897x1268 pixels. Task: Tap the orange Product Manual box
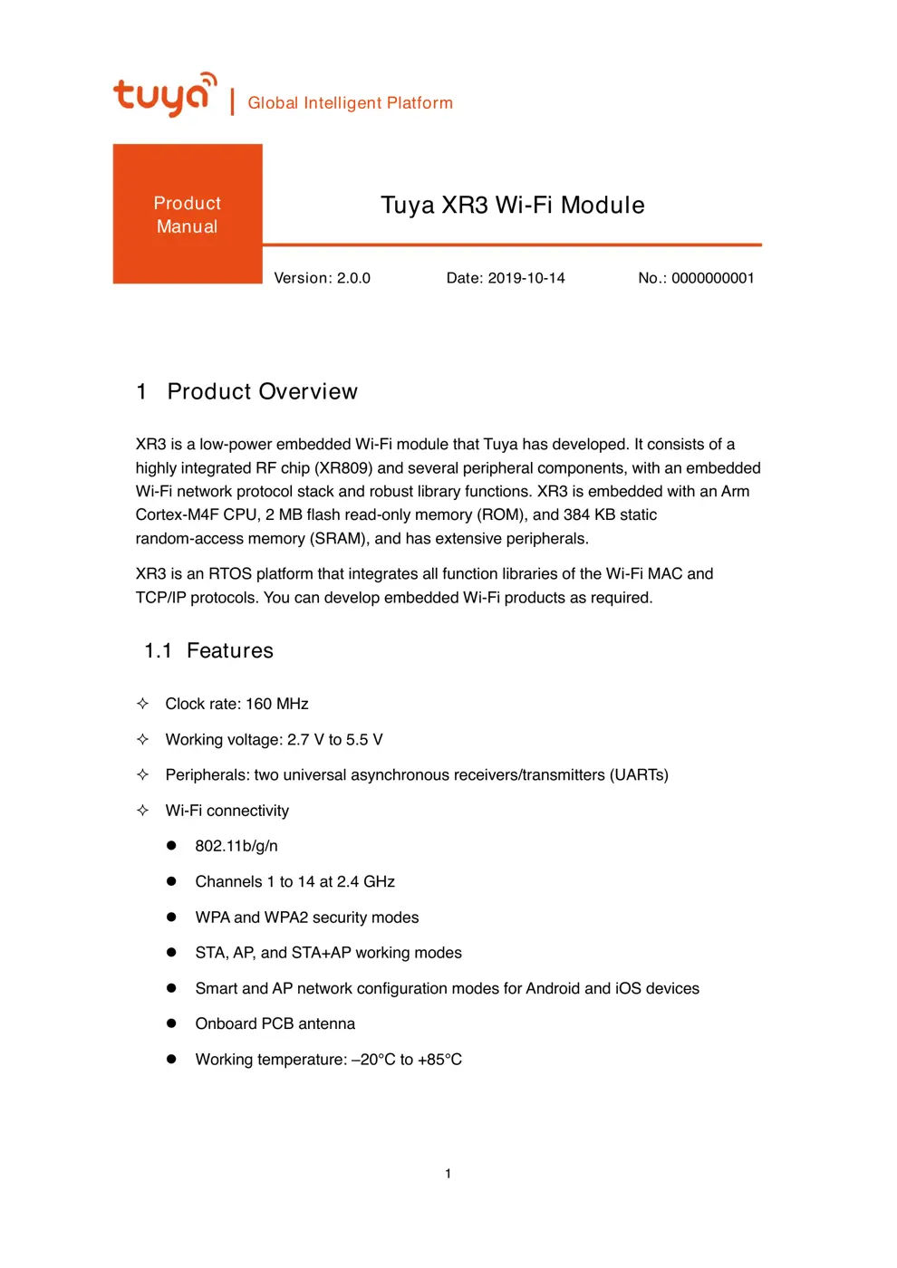188,215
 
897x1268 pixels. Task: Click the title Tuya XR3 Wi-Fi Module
512,206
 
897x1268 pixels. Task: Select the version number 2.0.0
353,278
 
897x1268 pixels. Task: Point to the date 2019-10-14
526,278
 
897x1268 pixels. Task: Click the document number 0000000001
712,278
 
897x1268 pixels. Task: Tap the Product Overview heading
262,391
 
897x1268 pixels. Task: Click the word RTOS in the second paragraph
230,573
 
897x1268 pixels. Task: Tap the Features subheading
229,650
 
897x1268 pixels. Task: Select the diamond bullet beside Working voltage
142,739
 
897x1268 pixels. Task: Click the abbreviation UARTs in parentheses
639,774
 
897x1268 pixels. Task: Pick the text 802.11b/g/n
236,846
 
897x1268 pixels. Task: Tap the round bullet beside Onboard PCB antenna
171,1023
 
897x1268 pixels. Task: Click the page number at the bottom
448,1174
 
